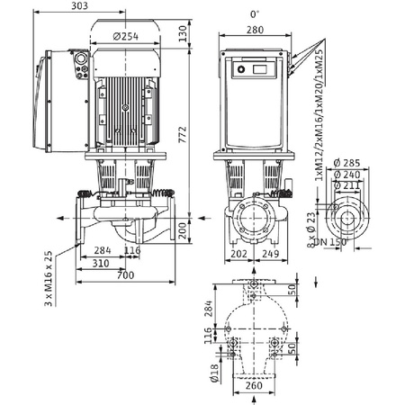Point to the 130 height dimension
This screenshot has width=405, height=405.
182,31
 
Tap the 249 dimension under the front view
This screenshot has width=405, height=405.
270,253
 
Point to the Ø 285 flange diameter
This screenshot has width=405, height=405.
345,162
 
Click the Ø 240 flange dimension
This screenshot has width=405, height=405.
345,175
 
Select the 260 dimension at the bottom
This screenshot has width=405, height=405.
256,385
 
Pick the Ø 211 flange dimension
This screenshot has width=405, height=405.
345,186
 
